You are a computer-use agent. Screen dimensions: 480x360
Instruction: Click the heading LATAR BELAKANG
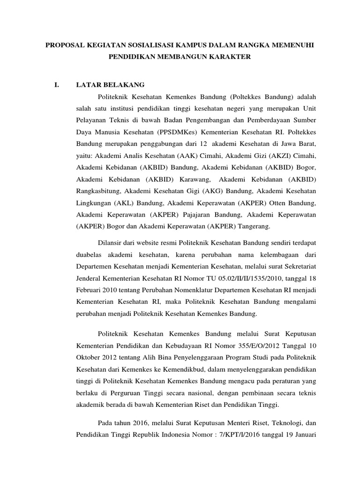(x=110, y=85)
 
